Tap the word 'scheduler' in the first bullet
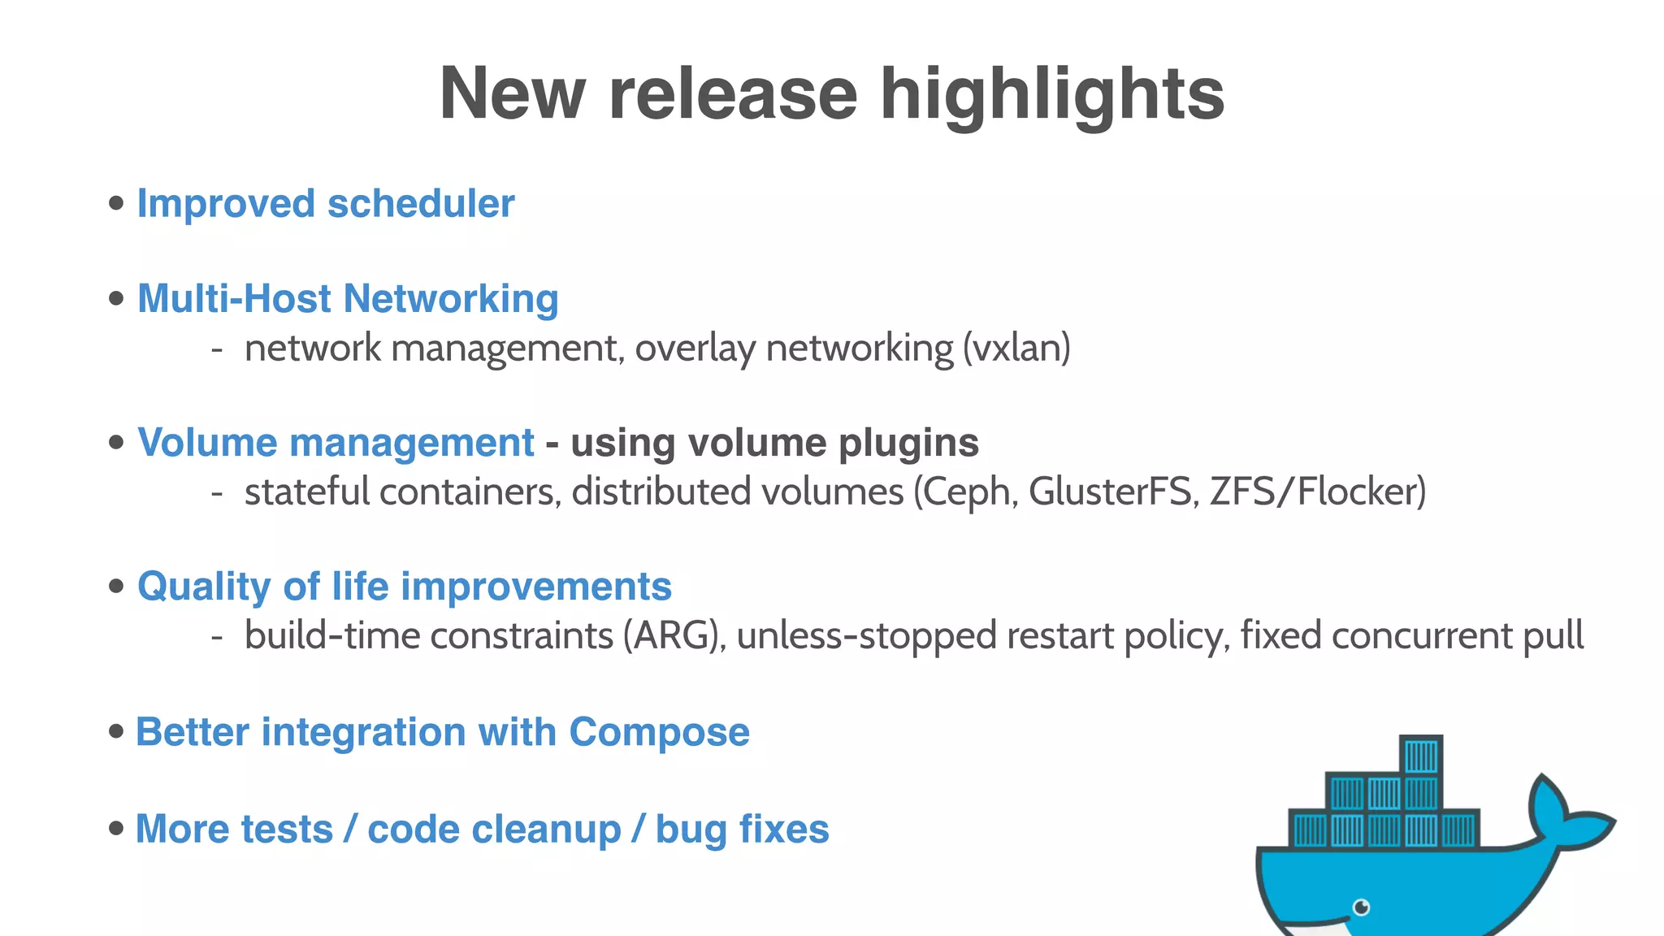click(421, 203)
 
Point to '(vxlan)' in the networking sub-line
click(1016, 349)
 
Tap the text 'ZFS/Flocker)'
click(1317, 492)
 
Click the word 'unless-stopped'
click(866, 635)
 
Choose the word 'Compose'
click(659, 731)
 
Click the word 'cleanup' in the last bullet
click(494, 829)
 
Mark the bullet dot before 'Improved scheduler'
click(116, 203)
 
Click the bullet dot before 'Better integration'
click(116, 731)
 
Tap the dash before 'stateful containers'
click(217, 492)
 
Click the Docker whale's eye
click(1361, 907)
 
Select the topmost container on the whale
click(1421, 756)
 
